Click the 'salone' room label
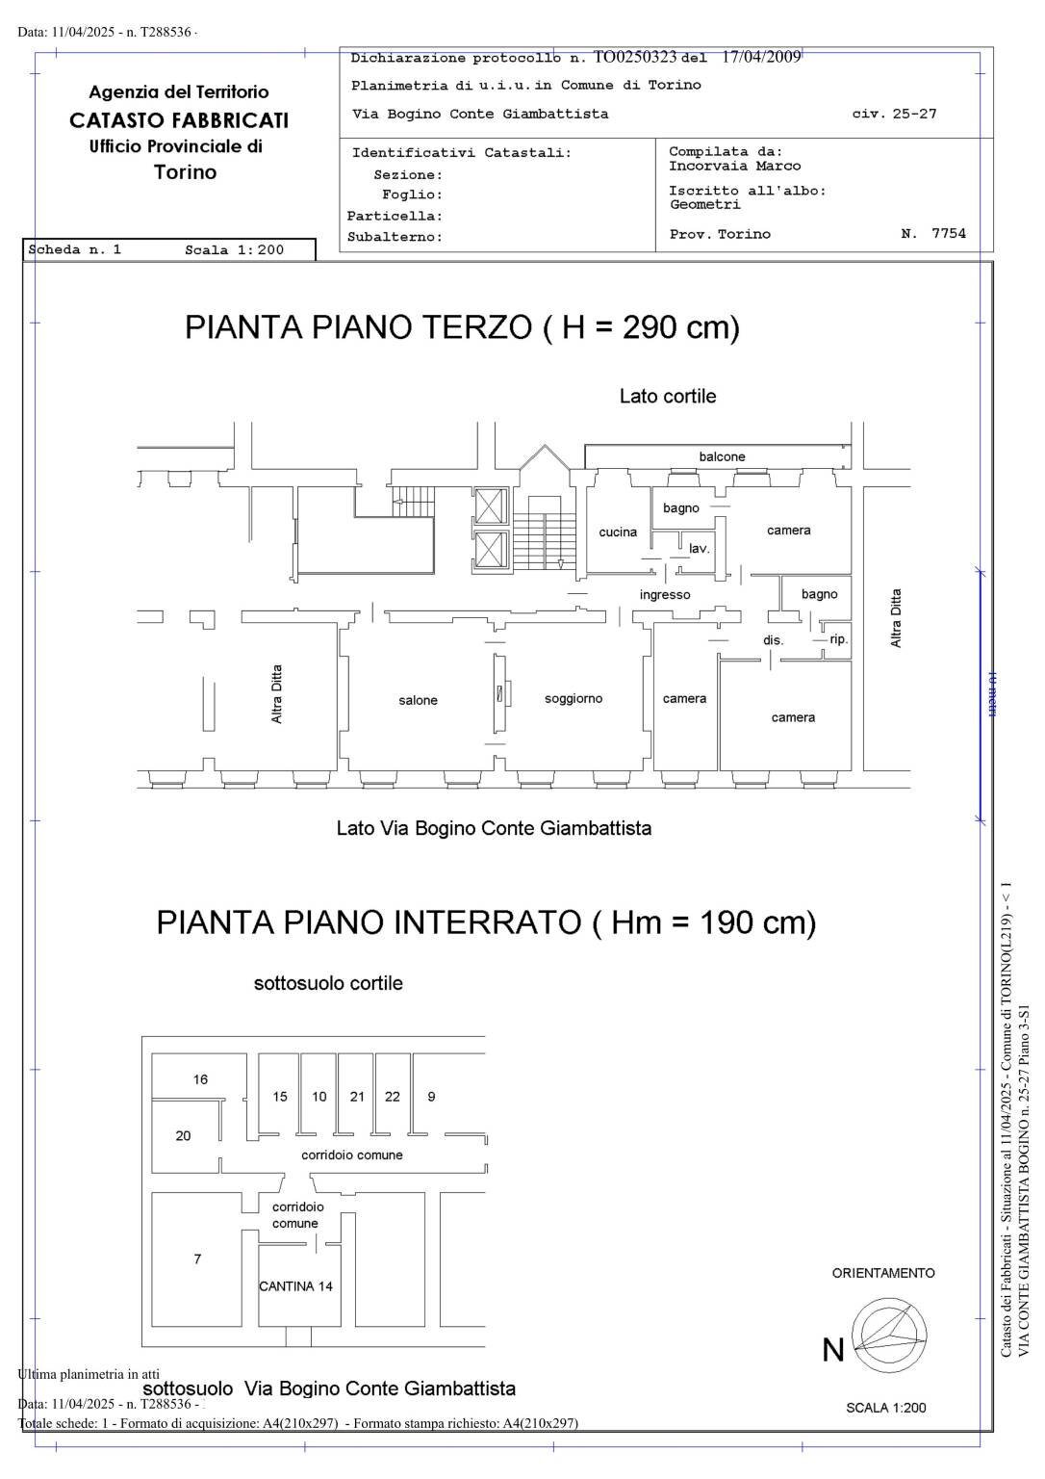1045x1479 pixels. coord(418,700)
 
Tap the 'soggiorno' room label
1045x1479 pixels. coord(573,698)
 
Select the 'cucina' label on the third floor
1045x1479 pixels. coord(618,532)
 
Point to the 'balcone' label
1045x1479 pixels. coord(722,456)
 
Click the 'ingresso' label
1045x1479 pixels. coord(665,594)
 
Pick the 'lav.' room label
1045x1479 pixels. coord(700,548)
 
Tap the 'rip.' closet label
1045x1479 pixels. coord(839,638)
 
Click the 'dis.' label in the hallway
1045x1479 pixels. coord(774,639)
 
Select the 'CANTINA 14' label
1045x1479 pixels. coord(296,1285)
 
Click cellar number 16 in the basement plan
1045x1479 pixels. coord(200,1079)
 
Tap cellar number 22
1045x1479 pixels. coord(393,1096)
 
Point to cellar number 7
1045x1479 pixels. coord(197,1258)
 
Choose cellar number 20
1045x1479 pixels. coord(183,1135)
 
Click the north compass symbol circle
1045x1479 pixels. coord(890,1336)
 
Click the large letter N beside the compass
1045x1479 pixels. coord(833,1350)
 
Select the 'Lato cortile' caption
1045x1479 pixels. coord(668,396)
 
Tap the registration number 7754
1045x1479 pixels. coord(948,233)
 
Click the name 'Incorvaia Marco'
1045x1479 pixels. coord(734,166)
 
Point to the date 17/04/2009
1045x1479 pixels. coord(761,57)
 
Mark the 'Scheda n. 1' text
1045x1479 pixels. coord(75,249)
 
